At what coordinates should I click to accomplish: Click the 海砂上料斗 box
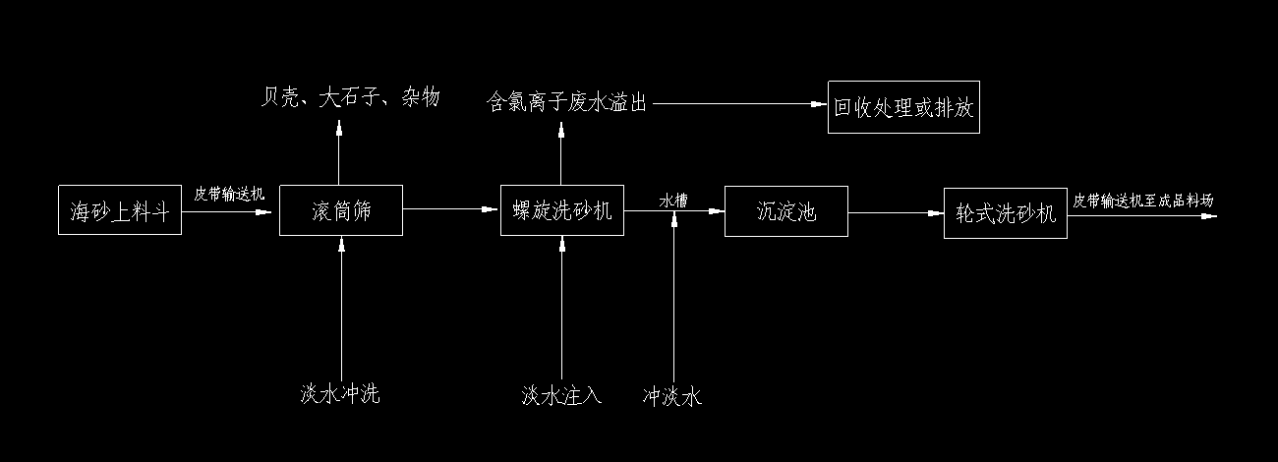[120, 209]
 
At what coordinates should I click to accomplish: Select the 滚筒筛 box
[341, 210]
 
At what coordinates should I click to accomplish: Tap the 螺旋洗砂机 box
[562, 209]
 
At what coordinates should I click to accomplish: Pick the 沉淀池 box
[786, 210]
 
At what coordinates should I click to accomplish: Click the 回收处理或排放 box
[903, 107]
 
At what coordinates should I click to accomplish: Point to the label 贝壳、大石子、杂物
[351, 97]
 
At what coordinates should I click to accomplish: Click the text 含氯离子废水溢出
[568, 102]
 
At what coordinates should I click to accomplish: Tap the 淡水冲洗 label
[340, 395]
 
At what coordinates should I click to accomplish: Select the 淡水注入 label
[561, 395]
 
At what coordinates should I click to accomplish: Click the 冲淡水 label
[673, 397]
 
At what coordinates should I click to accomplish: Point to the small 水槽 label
[673, 200]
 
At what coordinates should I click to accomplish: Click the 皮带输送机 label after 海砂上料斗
[229, 195]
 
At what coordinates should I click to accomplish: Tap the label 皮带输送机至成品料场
[1143, 201]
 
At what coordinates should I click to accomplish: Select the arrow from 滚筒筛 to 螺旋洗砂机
[451, 209]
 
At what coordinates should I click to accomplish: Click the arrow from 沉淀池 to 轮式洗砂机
[896, 212]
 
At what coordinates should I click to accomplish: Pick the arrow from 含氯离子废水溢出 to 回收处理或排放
[737, 102]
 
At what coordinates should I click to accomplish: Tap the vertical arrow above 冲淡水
[674, 295]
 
